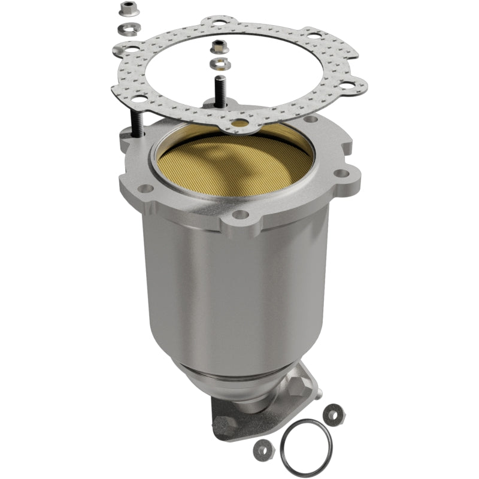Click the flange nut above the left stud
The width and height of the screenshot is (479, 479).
(x=127, y=8)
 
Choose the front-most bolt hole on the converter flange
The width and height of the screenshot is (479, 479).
(x=240, y=214)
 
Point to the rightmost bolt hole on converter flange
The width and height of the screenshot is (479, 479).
(x=341, y=174)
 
